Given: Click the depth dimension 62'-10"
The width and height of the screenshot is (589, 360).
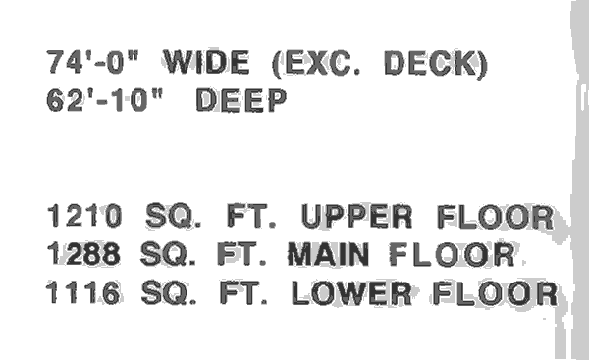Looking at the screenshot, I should click(x=106, y=99).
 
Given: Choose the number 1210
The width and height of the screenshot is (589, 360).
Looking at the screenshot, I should click(x=84, y=217).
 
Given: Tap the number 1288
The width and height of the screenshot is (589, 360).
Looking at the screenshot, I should click(x=84, y=255).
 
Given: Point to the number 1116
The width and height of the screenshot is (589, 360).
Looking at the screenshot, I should click(x=84, y=292).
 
